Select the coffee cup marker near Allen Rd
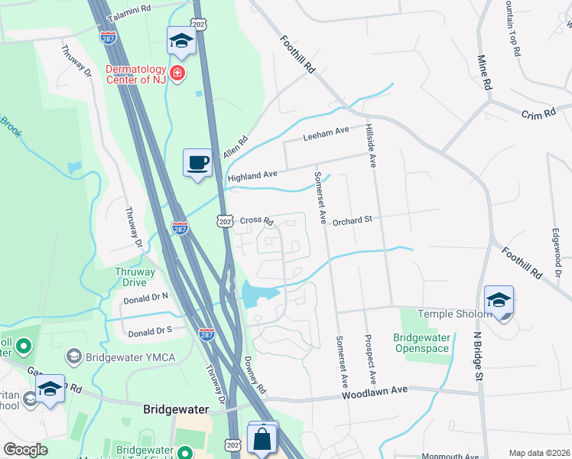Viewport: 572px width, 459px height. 197,163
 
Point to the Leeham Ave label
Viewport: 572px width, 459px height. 326,136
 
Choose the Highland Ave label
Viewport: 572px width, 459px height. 252,175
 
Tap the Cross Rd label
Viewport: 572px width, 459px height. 257,220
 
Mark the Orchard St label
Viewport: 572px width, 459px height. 352,220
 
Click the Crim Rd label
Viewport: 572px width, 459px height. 536,113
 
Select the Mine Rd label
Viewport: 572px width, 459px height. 483,70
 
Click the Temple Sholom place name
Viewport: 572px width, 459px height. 453,314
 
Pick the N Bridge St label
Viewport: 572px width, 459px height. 477,356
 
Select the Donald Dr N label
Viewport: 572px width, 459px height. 145,295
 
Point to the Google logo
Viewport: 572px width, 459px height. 25,450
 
